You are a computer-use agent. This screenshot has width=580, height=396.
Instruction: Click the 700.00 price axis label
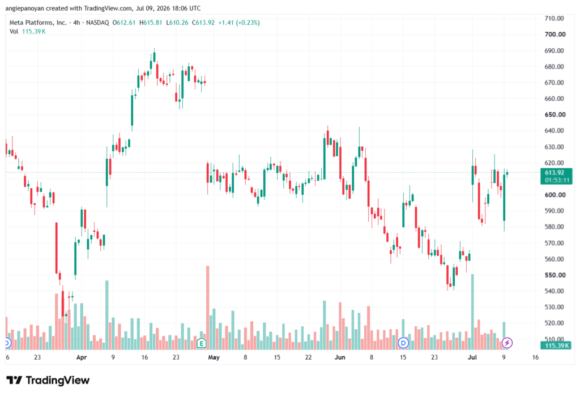point(555,35)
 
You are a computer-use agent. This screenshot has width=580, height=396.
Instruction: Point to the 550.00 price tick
point(555,275)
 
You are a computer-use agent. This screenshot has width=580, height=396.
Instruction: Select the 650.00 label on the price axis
point(555,115)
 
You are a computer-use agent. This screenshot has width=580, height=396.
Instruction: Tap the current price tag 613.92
point(555,173)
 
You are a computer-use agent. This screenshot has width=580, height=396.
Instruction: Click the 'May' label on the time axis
point(214,357)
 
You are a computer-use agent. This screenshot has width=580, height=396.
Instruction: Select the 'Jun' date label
point(340,357)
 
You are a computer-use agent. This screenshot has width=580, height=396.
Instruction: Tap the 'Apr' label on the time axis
point(82,357)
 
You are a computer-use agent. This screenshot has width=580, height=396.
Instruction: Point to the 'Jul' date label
point(472,357)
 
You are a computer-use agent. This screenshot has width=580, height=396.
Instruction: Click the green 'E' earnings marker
point(201,343)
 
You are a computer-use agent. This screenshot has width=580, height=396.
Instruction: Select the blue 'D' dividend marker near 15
point(403,343)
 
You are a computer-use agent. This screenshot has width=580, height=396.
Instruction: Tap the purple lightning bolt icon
point(507,343)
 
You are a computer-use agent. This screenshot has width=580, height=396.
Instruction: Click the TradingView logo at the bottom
point(48,380)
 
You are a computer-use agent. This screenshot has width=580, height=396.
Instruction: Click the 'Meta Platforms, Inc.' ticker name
point(38,23)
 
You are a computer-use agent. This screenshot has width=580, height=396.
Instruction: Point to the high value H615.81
point(151,23)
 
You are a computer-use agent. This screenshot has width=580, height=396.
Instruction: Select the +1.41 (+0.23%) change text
point(239,23)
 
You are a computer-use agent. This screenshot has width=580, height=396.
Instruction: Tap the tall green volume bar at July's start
point(472,312)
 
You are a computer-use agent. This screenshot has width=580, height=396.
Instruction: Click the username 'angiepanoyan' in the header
point(25,8)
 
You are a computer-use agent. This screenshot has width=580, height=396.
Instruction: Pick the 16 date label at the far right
point(535,357)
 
